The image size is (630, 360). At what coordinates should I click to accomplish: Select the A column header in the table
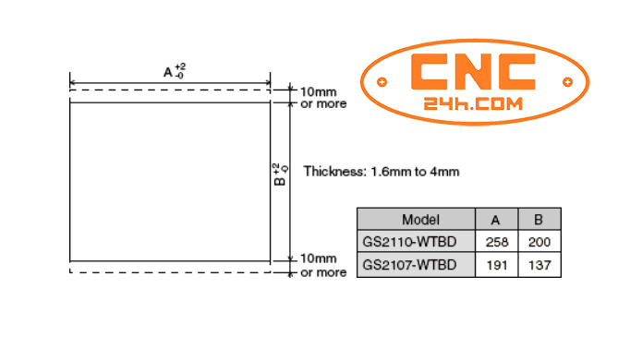(495, 220)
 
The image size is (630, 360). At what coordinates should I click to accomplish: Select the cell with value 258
(495, 242)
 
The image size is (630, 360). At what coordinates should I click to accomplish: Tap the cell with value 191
(495, 265)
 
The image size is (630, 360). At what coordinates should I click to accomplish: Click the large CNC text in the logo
(473, 72)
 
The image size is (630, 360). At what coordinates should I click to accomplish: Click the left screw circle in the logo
(382, 82)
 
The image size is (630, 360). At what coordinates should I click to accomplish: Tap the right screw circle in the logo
(564, 82)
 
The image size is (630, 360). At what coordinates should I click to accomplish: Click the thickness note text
(382, 171)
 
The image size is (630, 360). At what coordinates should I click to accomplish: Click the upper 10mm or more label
(323, 98)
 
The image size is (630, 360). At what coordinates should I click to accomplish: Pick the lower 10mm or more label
(323, 266)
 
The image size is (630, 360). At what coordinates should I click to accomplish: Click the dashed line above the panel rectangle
(170, 90)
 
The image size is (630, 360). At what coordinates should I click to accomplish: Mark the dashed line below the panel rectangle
(170, 273)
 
